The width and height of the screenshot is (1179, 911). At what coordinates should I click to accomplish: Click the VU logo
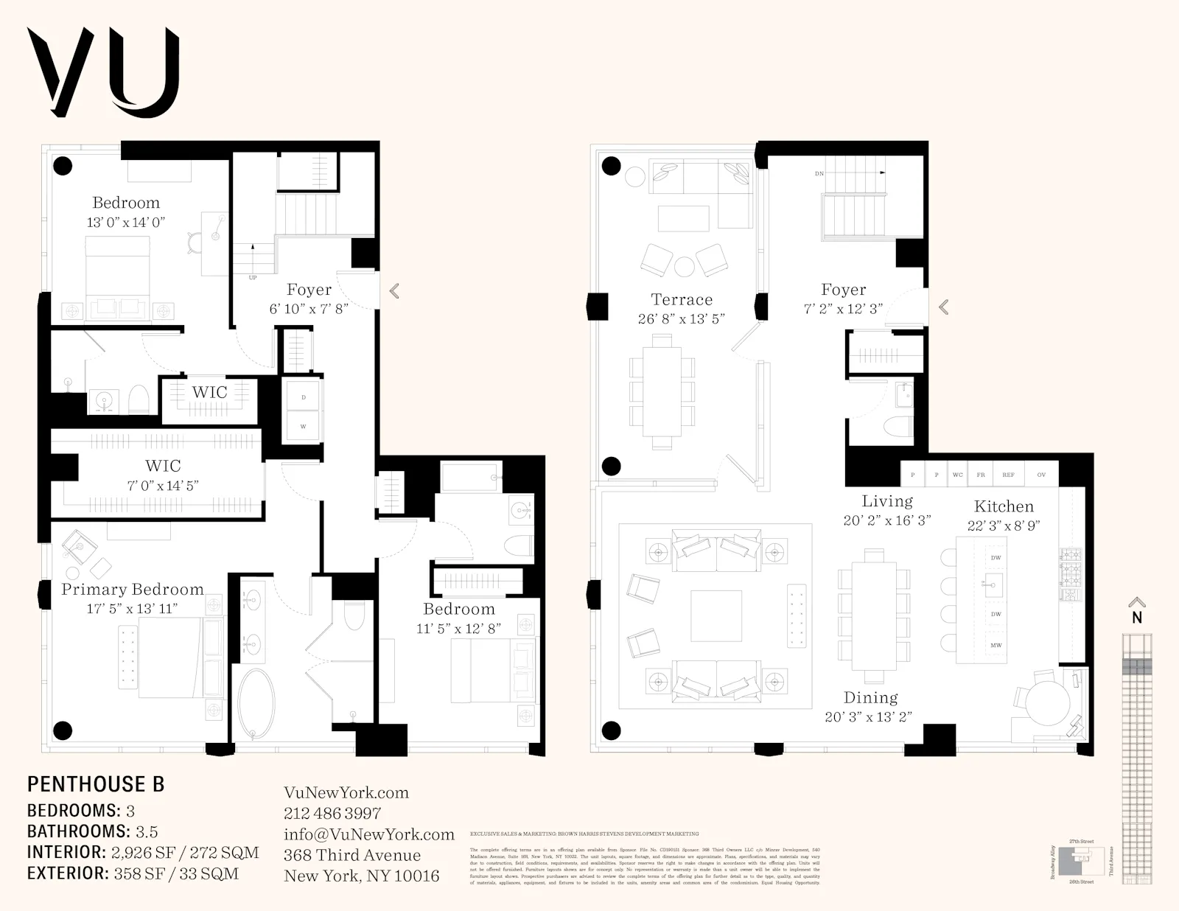(103, 72)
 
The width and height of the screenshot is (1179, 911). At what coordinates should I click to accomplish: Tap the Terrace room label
(682, 299)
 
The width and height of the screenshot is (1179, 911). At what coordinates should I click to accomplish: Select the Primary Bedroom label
(133, 590)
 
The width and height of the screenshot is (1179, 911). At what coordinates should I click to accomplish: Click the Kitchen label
(1004, 506)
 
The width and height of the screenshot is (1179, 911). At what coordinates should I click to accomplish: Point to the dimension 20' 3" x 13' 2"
(870, 716)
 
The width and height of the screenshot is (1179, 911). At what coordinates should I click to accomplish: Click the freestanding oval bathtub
(256, 705)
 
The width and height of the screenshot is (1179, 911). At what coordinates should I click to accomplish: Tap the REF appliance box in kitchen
(1008, 475)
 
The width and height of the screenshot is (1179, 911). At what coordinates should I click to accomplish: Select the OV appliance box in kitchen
(1041, 475)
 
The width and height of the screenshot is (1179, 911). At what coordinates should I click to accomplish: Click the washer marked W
(303, 426)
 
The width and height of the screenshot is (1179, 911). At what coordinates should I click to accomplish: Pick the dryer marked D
(303, 397)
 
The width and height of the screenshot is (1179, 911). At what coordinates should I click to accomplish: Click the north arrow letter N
(1137, 618)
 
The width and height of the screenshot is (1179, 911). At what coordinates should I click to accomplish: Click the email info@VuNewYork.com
(368, 834)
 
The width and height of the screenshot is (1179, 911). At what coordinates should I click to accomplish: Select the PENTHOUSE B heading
(96, 784)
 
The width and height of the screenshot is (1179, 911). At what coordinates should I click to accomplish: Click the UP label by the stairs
(253, 278)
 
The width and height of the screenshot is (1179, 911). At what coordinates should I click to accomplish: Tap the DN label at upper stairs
(819, 174)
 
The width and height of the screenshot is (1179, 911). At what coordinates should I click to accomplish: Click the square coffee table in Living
(716, 616)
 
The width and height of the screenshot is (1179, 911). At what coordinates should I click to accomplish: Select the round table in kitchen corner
(1048, 703)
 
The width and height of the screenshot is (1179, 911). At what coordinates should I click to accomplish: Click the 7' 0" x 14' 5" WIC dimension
(163, 485)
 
